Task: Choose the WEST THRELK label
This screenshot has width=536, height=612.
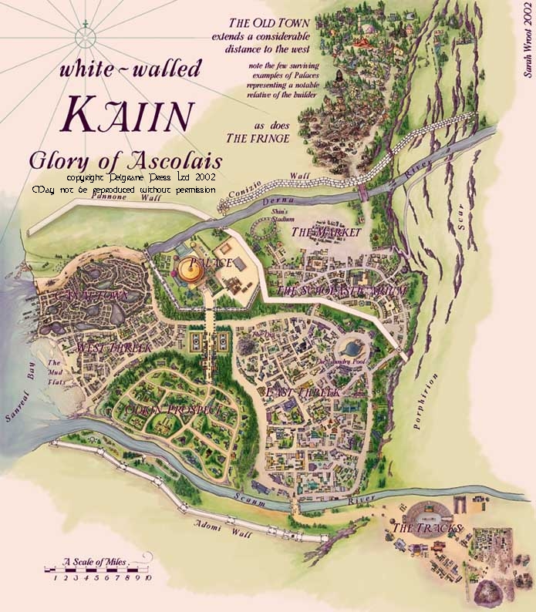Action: (113, 348)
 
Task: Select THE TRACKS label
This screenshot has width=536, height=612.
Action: (426, 528)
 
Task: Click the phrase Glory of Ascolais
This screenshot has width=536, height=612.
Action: (125, 162)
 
